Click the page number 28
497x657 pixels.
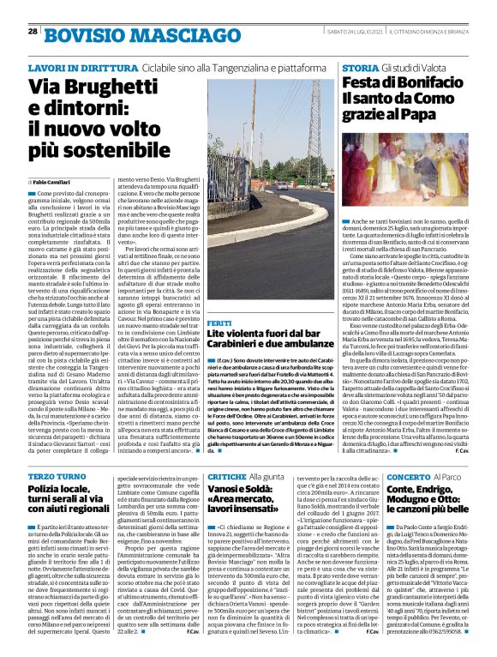pos(33,31)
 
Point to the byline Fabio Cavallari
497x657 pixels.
pos(57,183)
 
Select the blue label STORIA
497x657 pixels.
pos(356,67)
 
